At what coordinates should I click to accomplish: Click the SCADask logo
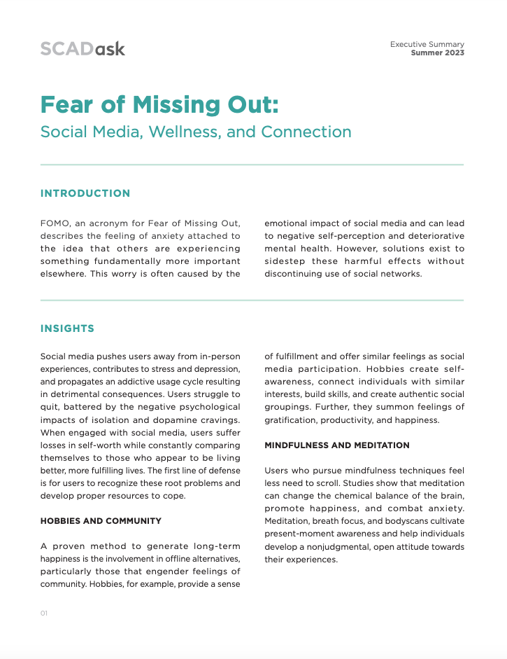click(x=83, y=49)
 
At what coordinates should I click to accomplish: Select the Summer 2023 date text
click(x=437, y=53)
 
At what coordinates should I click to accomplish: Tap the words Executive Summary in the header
click(x=427, y=44)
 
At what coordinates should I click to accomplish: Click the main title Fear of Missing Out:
click(x=159, y=104)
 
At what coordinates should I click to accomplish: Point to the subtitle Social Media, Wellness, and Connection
click(x=196, y=132)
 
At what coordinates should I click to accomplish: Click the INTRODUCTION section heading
click(x=85, y=193)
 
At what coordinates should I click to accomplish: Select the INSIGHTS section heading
click(x=67, y=328)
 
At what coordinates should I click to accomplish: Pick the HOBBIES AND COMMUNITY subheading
click(x=101, y=521)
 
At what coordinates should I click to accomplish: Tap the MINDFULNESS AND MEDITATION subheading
click(x=337, y=445)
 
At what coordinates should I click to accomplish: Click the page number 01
click(x=43, y=613)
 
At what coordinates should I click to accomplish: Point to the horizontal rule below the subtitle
click(x=252, y=165)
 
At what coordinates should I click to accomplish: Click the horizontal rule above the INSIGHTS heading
click(x=252, y=300)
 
